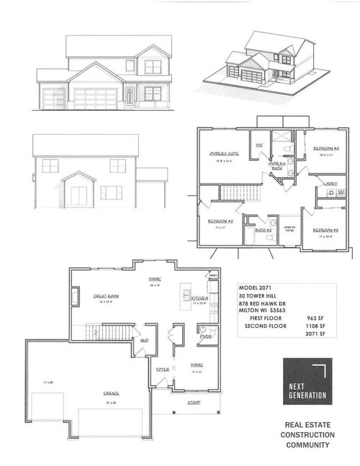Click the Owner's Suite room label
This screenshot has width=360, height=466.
[x=224, y=153]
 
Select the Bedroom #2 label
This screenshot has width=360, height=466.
[x=218, y=222]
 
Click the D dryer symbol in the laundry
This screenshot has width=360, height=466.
[x=331, y=193]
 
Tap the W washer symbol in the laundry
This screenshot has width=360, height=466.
[x=341, y=193]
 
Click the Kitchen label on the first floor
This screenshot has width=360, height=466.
[x=199, y=297]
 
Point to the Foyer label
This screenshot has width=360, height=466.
[x=162, y=369]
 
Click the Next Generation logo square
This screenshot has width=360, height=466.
[x=305, y=380]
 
